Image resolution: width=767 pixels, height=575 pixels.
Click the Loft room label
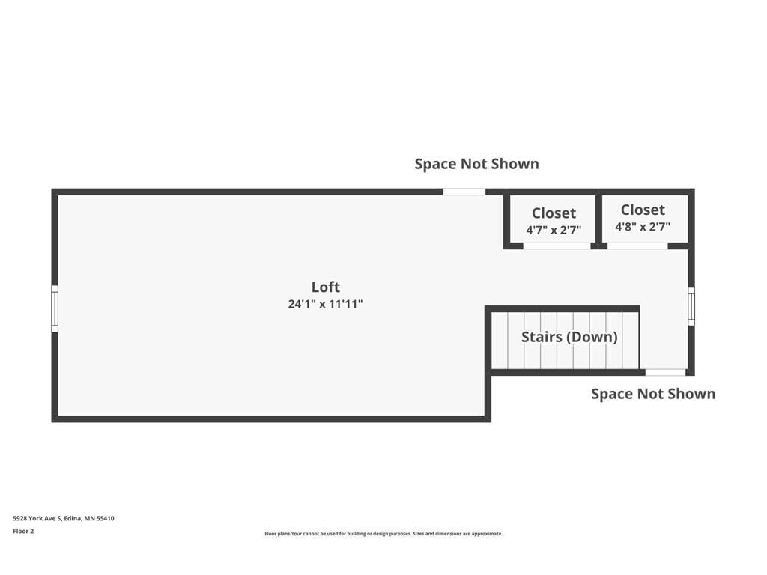(325, 287)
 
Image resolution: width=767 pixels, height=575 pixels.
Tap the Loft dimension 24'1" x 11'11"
(325, 305)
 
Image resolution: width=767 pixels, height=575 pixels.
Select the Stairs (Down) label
(569, 337)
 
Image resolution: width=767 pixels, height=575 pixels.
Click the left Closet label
(554, 213)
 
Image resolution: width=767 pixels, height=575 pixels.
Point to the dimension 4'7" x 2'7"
(554, 231)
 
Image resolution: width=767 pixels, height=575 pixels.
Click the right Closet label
(643, 210)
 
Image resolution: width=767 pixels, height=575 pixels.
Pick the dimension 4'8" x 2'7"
(643, 227)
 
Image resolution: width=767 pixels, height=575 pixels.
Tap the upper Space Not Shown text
(476, 164)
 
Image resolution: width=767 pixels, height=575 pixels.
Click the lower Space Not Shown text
(653, 394)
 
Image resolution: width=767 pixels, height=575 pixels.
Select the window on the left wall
(55, 308)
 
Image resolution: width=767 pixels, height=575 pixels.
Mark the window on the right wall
(691, 306)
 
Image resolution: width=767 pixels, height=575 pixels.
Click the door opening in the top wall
(464, 192)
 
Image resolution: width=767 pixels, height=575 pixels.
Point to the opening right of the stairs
(665, 372)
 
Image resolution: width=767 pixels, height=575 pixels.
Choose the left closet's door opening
(557, 246)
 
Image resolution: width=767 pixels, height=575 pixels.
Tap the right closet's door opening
(637, 246)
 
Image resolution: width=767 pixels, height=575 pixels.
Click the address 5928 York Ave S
(64, 518)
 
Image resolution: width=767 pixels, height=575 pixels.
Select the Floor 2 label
(23, 532)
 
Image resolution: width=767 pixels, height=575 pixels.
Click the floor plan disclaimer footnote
(383, 534)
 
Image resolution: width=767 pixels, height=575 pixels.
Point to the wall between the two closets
(599, 219)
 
